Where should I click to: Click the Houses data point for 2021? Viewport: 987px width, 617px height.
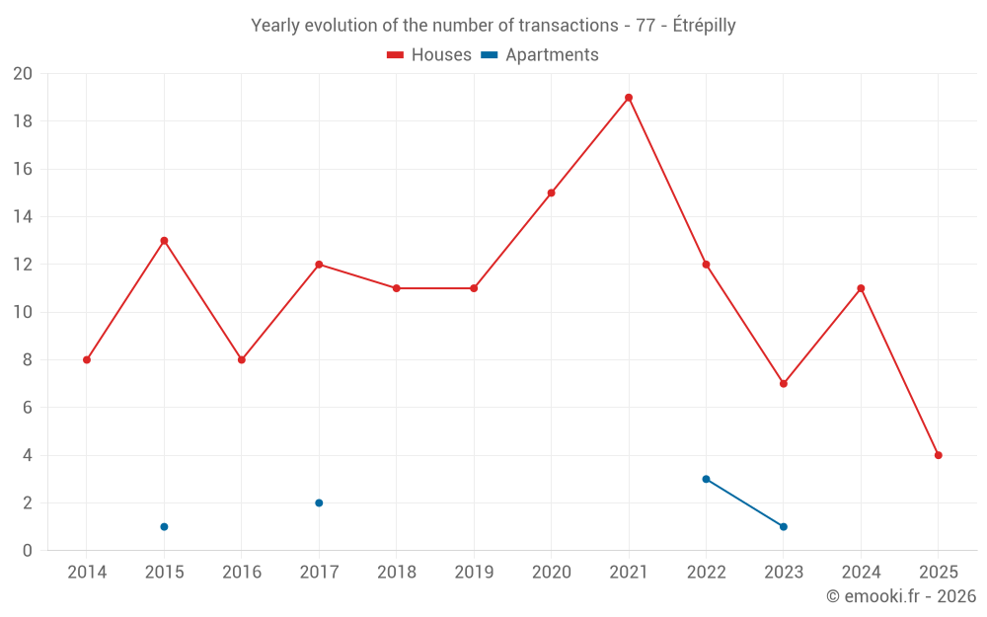629,98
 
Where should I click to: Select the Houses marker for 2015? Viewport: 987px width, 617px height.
164,241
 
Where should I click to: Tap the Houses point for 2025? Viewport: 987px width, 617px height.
938,455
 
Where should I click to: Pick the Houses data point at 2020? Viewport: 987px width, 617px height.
551,193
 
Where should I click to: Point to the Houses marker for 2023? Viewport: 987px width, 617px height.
784,384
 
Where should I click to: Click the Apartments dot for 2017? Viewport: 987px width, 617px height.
319,503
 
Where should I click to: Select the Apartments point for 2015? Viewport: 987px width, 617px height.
164,527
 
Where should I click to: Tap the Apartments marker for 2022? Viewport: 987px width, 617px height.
706,480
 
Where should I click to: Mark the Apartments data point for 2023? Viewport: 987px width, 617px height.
784,527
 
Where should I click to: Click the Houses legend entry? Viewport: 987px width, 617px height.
429,55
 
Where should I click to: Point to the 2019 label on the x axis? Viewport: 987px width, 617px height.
474,573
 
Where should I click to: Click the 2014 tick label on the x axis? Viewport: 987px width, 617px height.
87,573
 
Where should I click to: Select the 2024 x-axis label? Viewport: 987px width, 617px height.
861,573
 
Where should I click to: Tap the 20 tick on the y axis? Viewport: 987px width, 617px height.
23,74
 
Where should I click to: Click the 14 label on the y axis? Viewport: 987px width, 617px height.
23,217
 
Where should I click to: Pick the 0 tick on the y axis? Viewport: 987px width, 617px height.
28,551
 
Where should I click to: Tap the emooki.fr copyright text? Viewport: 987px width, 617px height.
901,596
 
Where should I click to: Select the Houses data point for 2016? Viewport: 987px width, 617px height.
242,360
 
